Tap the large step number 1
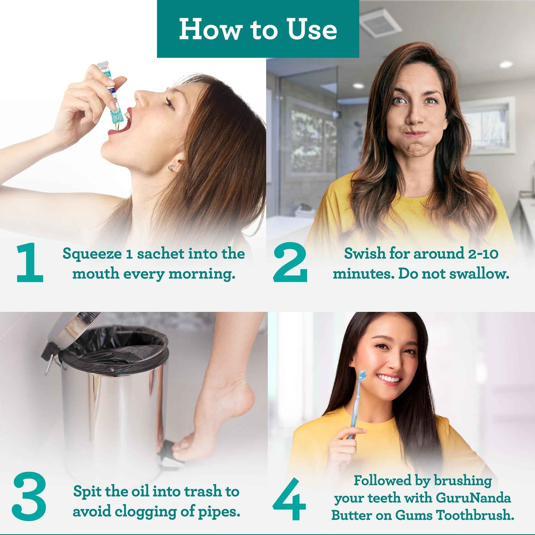tap(30, 263)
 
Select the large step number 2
tap(290, 263)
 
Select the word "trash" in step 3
tap(203, 492)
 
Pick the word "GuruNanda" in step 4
tap(473, 498)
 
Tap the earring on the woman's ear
tap(171, 168)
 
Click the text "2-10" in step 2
tap(483, 254)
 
